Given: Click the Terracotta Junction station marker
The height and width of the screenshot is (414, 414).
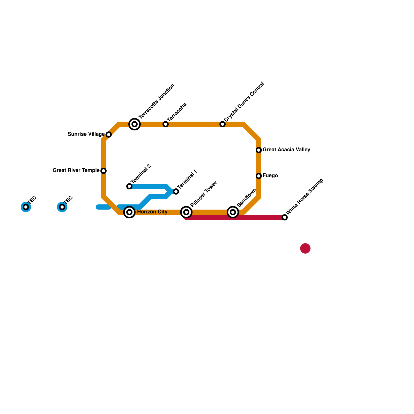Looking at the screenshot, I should point(135,124).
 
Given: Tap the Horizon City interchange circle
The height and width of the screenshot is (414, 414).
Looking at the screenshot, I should point(129,212).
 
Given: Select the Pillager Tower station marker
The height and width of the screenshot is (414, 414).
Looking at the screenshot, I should point(186,212).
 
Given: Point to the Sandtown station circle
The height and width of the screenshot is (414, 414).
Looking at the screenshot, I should point(233,212).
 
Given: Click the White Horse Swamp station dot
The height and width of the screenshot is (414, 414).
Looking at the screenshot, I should point(285,217).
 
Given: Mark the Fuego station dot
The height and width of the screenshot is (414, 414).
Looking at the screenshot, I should point(259,176).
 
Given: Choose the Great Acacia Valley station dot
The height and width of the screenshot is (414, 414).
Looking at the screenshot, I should point(259,150).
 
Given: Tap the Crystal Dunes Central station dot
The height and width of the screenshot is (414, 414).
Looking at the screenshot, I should point(223,124).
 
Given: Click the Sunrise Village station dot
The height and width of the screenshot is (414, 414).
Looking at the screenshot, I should point(109,135).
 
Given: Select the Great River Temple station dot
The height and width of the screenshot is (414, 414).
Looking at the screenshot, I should point(103,171).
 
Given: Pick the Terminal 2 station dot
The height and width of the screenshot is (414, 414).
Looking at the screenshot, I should point(129,186).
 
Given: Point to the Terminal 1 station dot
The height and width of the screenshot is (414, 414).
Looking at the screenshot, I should point(176,191).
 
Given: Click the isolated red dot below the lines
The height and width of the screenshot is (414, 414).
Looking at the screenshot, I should point(305,248).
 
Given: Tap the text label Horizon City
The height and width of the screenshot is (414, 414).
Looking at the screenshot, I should point(152,212).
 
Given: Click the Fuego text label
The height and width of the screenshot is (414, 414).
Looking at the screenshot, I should point(270,176).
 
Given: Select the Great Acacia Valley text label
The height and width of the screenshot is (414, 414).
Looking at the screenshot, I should point(286,150).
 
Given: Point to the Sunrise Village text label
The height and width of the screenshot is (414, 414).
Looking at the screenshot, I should point(86,134).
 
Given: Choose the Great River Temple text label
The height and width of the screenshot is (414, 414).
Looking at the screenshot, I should point(76,170).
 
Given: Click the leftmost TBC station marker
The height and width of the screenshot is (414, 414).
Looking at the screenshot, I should point(26,207).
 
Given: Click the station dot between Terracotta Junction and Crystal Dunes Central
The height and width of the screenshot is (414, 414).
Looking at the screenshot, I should point(166,124).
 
